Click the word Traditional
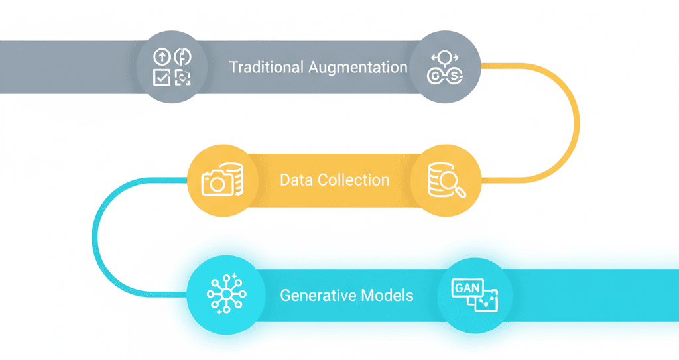click(266, 67)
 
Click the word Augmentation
click(357, 68)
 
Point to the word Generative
click(318, 296)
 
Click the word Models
click(387, 296)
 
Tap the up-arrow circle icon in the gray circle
click(162, 57)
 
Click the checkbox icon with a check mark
click(162, 77)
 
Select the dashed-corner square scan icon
click(182, 78)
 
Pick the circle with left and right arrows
click(445, 57)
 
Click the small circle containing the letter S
click(454, 76)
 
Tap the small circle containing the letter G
click(434, 76)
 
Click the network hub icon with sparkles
click(227, 294)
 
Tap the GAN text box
click(467, 288)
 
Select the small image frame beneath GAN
click(487, 300)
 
